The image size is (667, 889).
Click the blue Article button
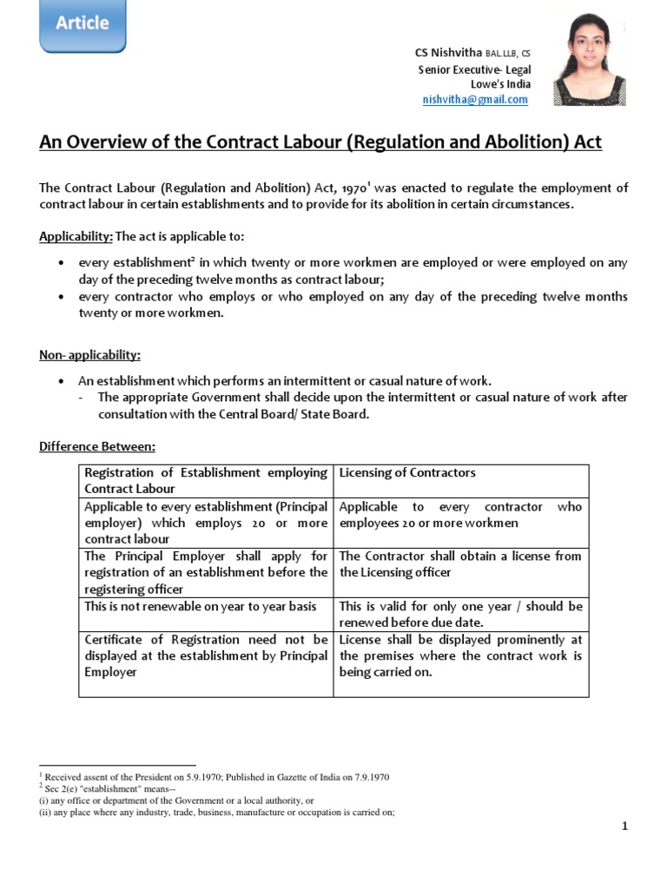coord(83,24)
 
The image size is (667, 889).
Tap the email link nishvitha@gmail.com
coord(475,100)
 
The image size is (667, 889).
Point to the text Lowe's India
coord(500,84)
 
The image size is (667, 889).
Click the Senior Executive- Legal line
coord(474,69)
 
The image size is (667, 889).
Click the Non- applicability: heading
coord(89,355)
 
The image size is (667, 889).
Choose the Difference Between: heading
coord(97,446)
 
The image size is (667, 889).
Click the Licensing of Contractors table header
coord(407,473)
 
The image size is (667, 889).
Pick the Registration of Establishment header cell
coord(205,480)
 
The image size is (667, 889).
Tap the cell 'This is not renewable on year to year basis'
coord(201,606)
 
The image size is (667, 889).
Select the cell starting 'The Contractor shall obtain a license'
coord(460,563)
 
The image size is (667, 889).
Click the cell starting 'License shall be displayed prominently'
coord(460,655)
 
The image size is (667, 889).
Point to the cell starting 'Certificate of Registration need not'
coord(205,655)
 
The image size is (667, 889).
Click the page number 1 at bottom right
coord(624,826)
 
